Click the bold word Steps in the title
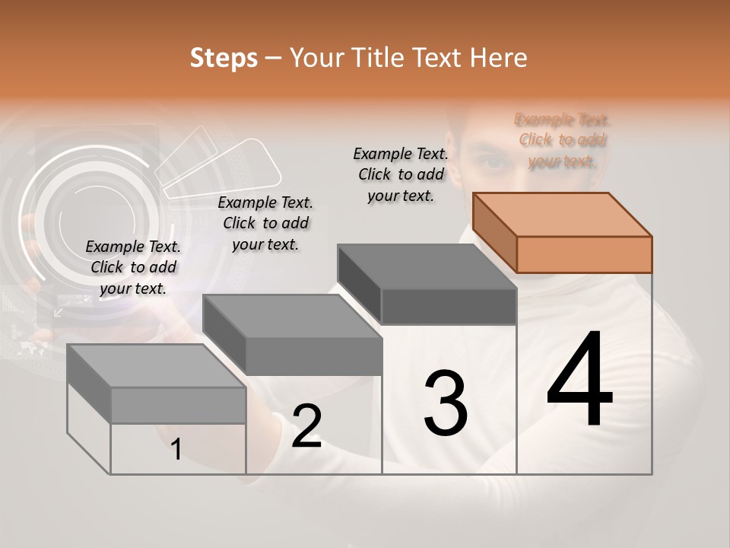tap(224, 58)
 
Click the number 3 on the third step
tap(446, 403)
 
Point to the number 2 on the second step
tap(307, 425)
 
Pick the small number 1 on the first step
tap(176, 449)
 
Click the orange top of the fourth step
tap(561, 214)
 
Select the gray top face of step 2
tap(293, 316)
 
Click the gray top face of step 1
tap(156, 366)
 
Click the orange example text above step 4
tap(563, 140)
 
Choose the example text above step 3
tap(401, 174)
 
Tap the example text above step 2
tap(265, 223)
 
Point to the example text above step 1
tap(133, 267)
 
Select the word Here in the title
tap(500, 58)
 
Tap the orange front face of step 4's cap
tap(584, 254)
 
